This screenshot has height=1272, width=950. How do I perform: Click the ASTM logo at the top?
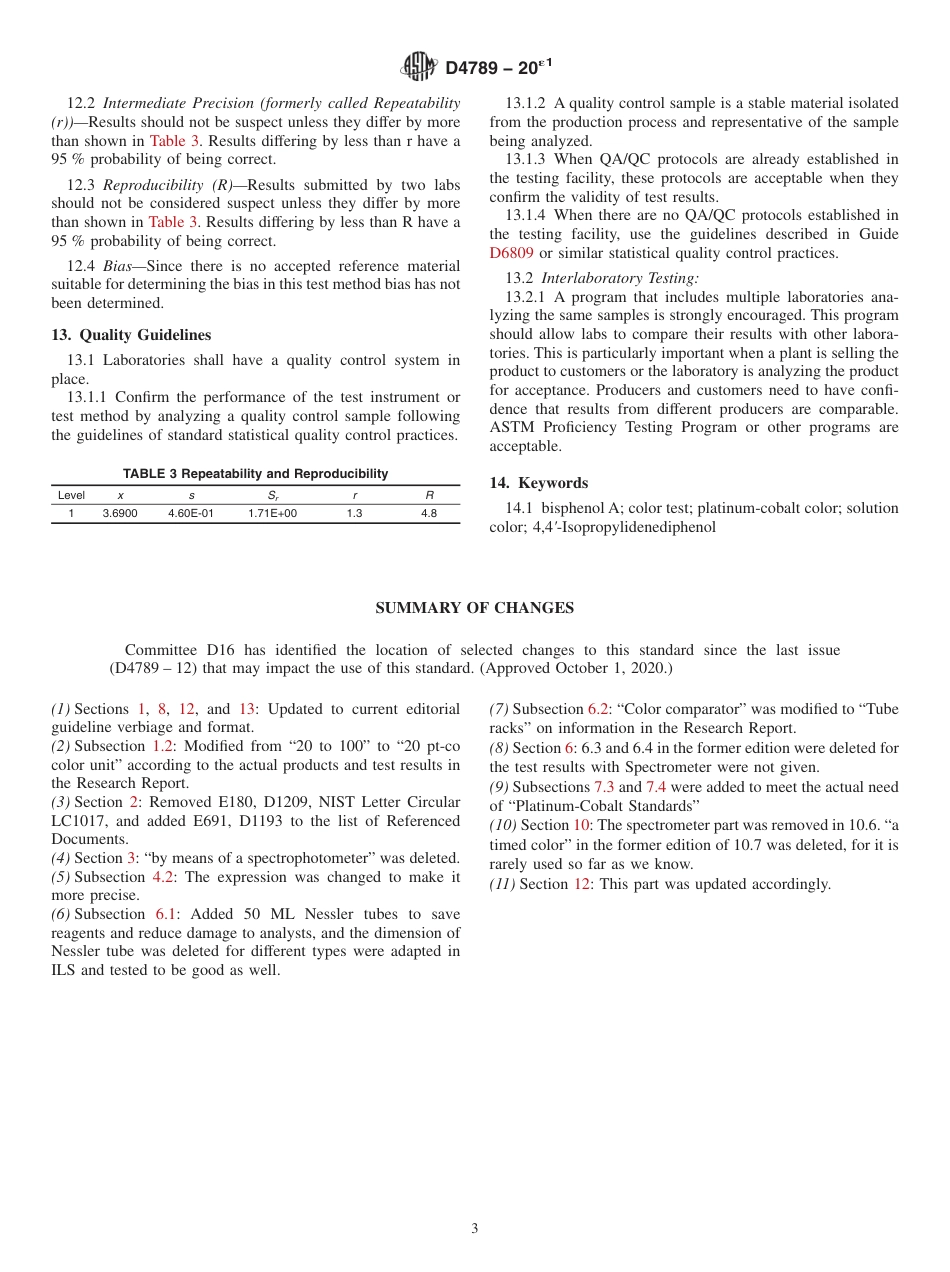pos(418,67)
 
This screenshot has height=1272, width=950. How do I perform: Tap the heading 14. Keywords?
pos(538,483)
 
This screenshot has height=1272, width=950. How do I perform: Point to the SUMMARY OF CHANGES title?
pos(474,608)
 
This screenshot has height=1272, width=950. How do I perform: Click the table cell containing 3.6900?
pos(120,513)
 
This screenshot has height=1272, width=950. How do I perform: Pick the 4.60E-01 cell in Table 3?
pos(190,513)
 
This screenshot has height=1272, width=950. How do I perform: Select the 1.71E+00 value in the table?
pos(272,513)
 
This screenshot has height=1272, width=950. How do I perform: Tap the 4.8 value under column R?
pos(429,513)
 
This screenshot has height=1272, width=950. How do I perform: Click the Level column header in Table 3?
pos(71,495)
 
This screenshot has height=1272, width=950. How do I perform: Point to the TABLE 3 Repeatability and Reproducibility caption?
pos(255,474)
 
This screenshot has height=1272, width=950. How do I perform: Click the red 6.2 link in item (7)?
pos(598,709)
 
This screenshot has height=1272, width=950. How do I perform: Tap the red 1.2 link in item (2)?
pos(163,747)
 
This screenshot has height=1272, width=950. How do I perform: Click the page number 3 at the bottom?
pos(475,1229)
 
